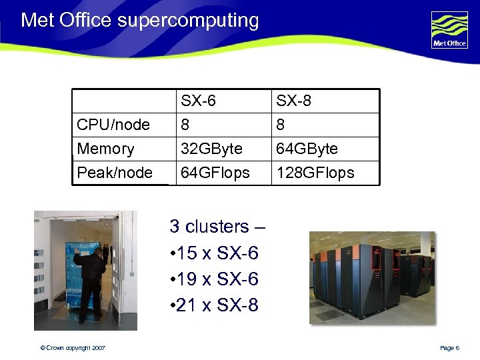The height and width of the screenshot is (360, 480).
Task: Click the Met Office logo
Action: pos(449,30)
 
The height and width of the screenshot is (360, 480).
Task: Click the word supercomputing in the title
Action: pos(188,21)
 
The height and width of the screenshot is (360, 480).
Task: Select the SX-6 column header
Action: pos(198,101)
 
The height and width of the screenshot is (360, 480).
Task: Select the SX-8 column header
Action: pos(294,101)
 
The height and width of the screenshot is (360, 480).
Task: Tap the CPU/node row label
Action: pos(113,125)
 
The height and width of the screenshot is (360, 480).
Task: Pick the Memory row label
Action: pos(105,149)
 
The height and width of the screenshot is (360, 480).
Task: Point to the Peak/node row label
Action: pos(115,173)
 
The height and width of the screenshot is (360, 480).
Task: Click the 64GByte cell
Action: pos(307,149)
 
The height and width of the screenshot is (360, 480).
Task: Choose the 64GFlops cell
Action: pos(215,173)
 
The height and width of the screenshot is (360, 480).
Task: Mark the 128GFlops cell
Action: pos(315,173)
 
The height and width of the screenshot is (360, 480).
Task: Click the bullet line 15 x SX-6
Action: pos(214,253)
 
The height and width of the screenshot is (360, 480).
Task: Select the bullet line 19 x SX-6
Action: pos(214,279)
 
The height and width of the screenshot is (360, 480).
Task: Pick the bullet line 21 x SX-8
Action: pos(214,305)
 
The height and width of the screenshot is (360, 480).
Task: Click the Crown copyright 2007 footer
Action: pos(71,348)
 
